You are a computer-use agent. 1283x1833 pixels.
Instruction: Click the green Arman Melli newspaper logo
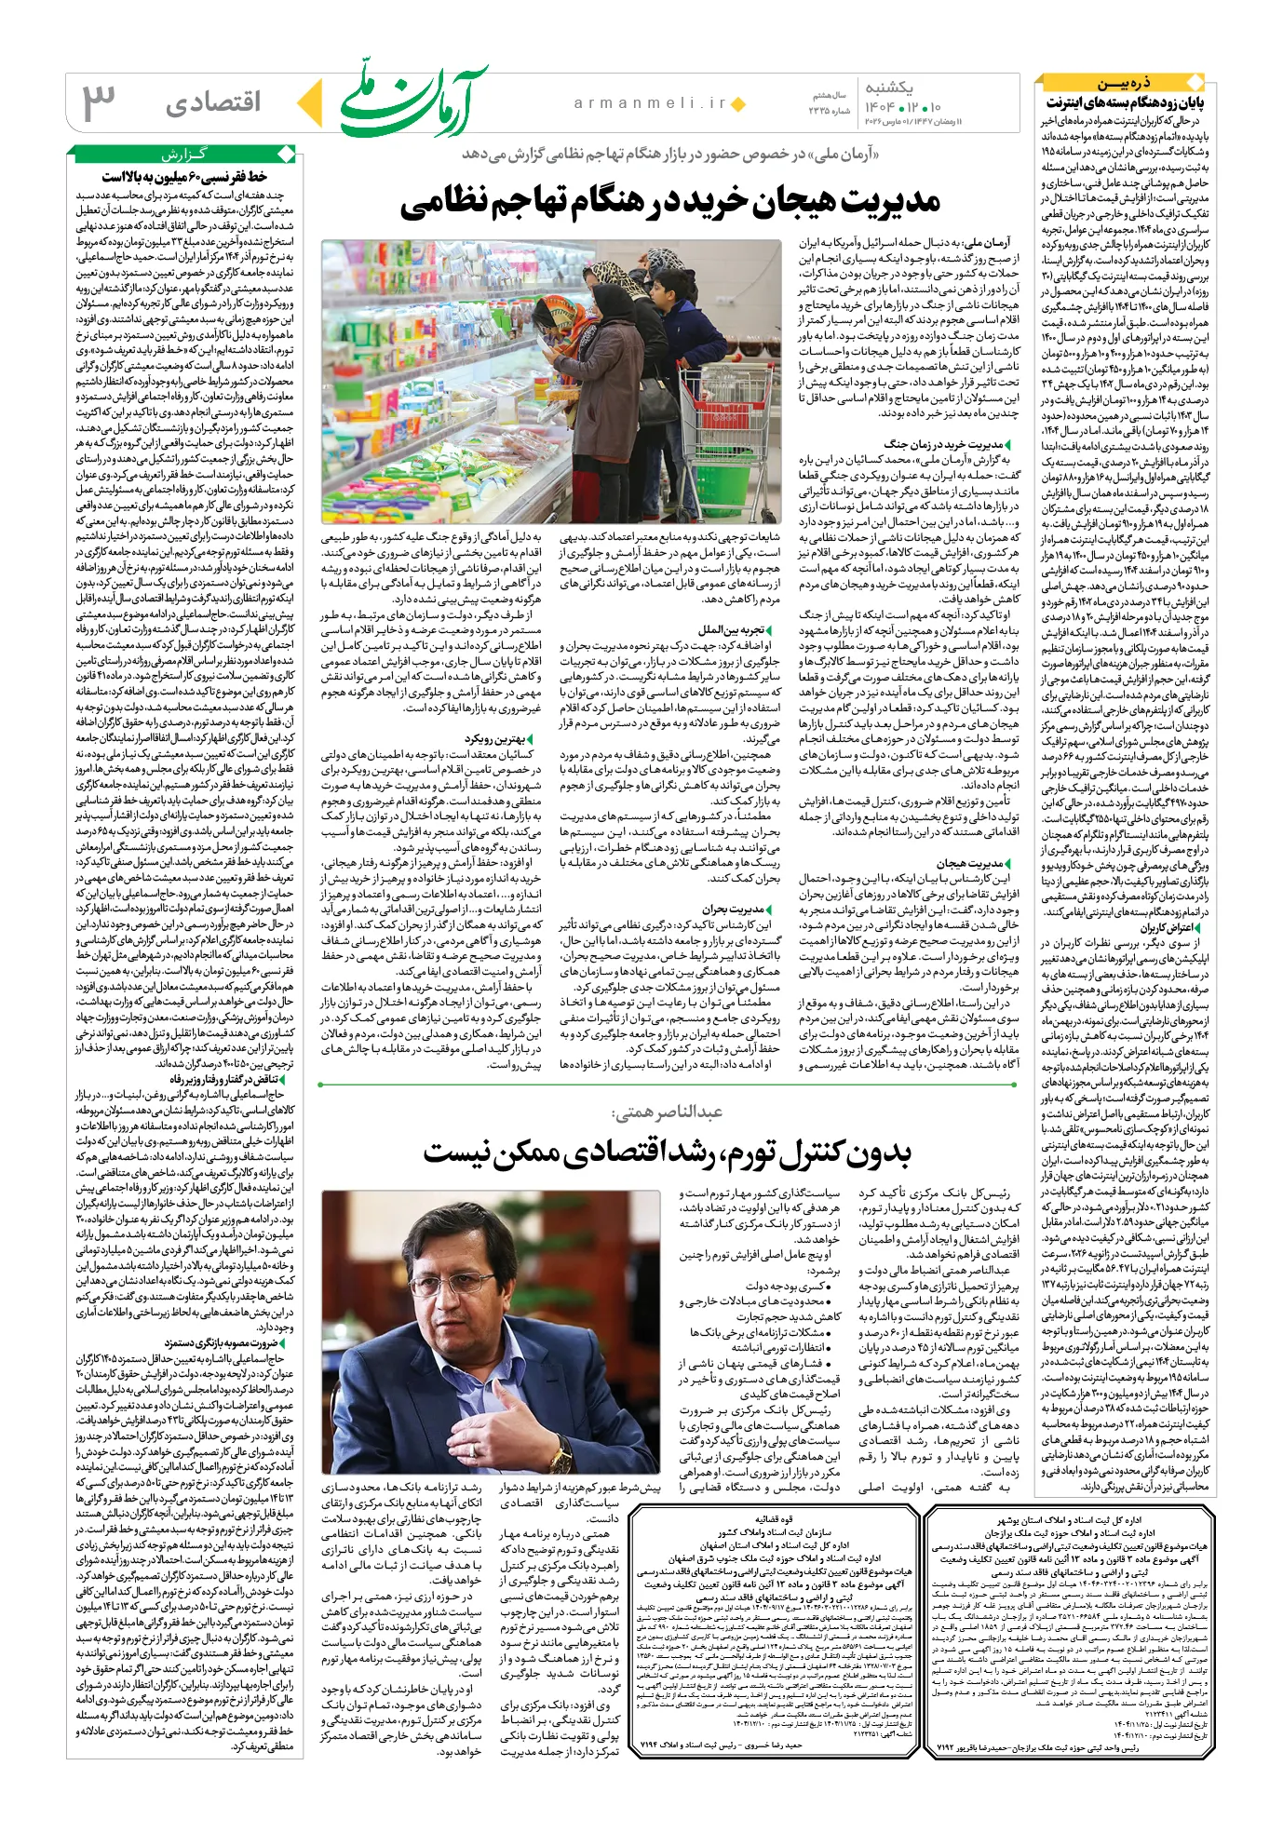[413, 102]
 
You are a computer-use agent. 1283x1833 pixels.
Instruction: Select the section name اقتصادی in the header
[213, 103]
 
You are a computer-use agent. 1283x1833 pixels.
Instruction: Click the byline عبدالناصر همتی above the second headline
[667, 1112]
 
